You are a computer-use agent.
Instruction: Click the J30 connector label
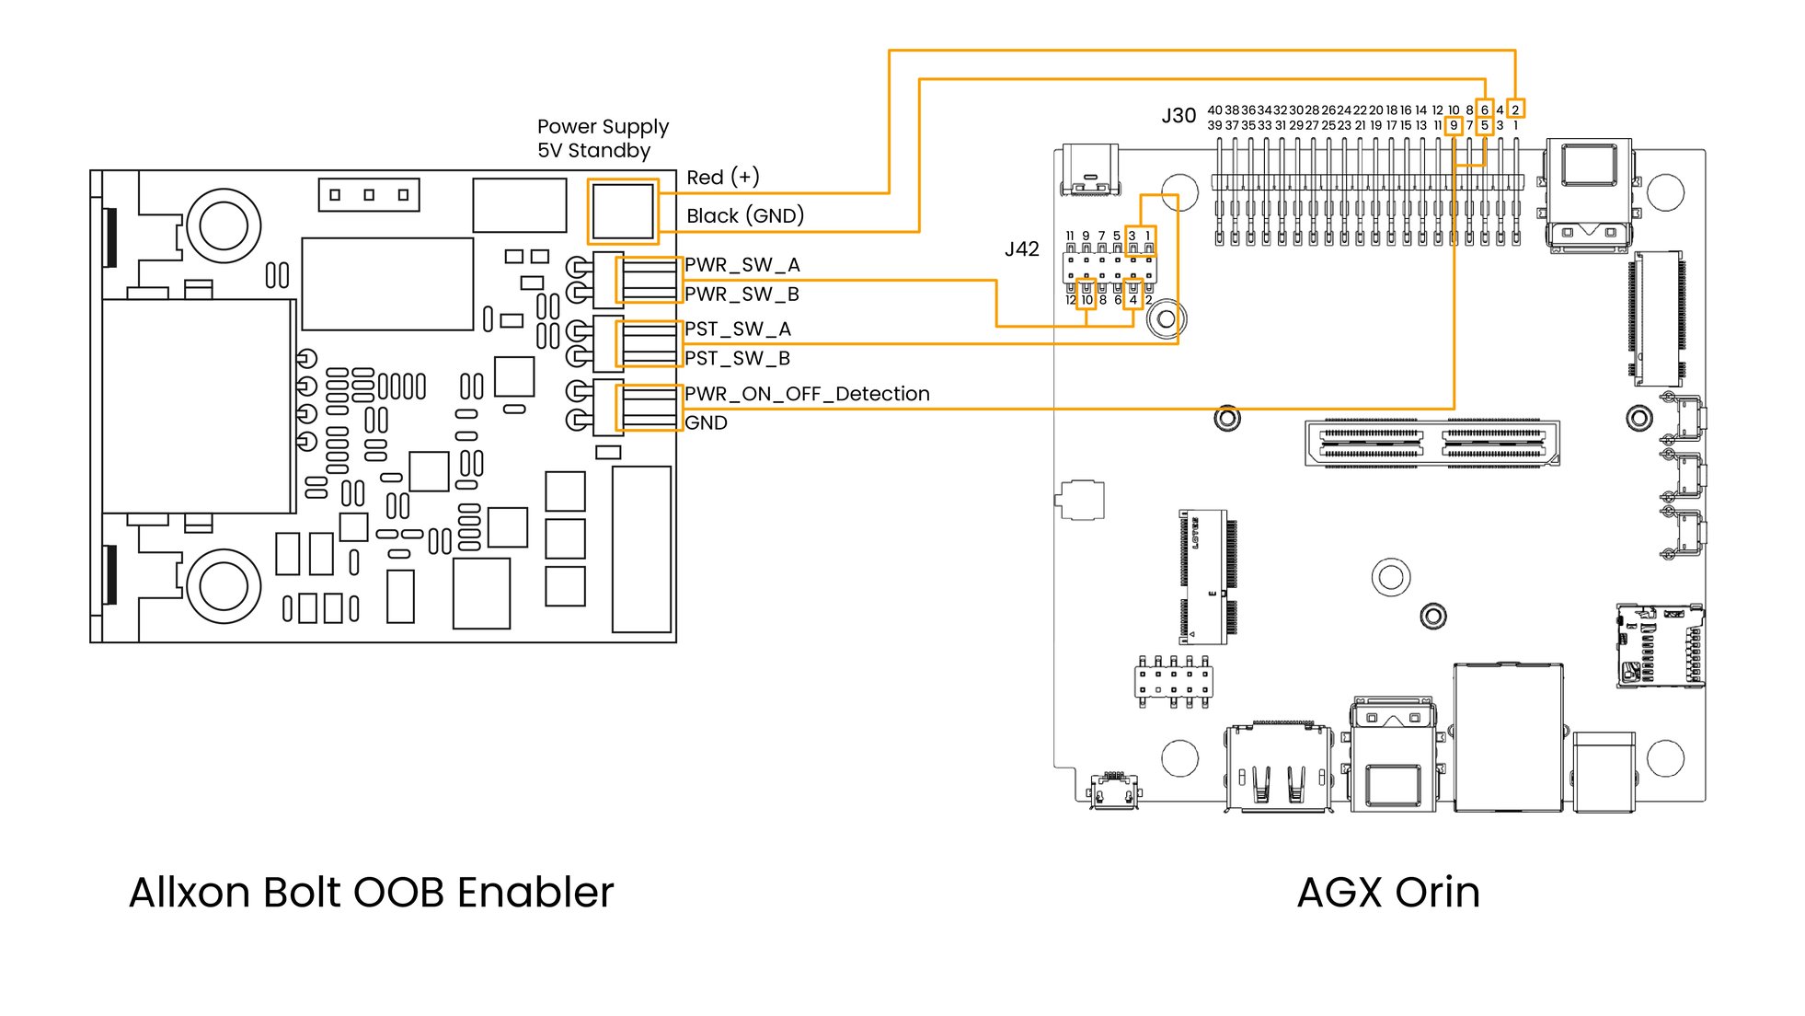pos(1178,116)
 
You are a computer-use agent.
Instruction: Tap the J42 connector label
pos(1021,249)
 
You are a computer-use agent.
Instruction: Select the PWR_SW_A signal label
pos(742,265)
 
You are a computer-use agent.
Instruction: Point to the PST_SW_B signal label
pos(737,358)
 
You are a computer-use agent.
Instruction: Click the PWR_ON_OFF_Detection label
pos(807,394)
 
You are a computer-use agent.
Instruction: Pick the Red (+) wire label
pos(722,178)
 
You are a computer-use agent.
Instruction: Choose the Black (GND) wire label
pos(744,216)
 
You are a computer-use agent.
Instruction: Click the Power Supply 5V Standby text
pos(602,139)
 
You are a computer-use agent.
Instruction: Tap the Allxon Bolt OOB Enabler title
pos(371,893)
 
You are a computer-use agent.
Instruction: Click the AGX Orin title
pos(1387,893)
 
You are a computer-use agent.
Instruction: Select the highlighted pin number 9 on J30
pos(1454,125)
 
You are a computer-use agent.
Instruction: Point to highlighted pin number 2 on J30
pos(1515,110)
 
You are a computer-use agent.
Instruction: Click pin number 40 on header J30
pos(1214,110)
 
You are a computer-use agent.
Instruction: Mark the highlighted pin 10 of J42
pos(1086,300)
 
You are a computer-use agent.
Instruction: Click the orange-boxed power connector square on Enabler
pos(623,212)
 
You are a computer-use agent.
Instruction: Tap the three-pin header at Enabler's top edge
pos(369,195)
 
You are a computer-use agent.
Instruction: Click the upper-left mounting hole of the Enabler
pos(224,225)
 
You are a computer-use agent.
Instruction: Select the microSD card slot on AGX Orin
pos(1660,646)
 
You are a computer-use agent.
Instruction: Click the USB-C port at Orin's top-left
pos(1090,170)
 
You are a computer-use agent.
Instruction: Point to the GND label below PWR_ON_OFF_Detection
pos(706,423)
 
